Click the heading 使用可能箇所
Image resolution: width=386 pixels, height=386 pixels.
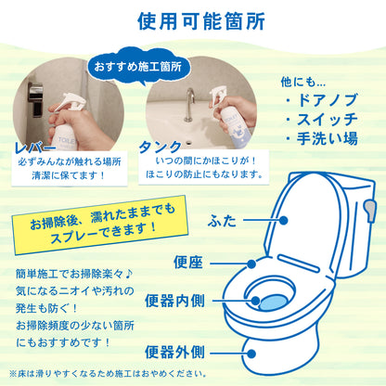pos(193,20)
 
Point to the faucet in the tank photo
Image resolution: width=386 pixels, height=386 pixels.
pos(188,104)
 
